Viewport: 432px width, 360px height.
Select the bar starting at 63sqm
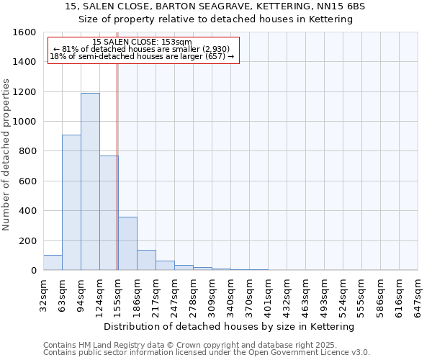tap(71, 202)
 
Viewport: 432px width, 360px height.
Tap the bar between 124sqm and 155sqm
tap(109, 212)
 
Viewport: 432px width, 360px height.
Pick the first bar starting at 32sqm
tap(53, 263)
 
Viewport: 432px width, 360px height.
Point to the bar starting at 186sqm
tap(146, 260)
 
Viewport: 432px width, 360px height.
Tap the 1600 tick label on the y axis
tap(25, 32)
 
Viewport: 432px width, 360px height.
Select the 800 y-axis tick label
tap(28, 151)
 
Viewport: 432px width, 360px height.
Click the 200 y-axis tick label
tap(28, 240)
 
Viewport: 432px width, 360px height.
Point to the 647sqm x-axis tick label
tap(418, 293)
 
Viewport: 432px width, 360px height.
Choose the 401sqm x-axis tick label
tap(268, 293)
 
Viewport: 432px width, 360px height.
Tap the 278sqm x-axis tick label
tap(193, 293)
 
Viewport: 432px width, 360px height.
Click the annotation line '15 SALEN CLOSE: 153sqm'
tap(143, 42)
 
